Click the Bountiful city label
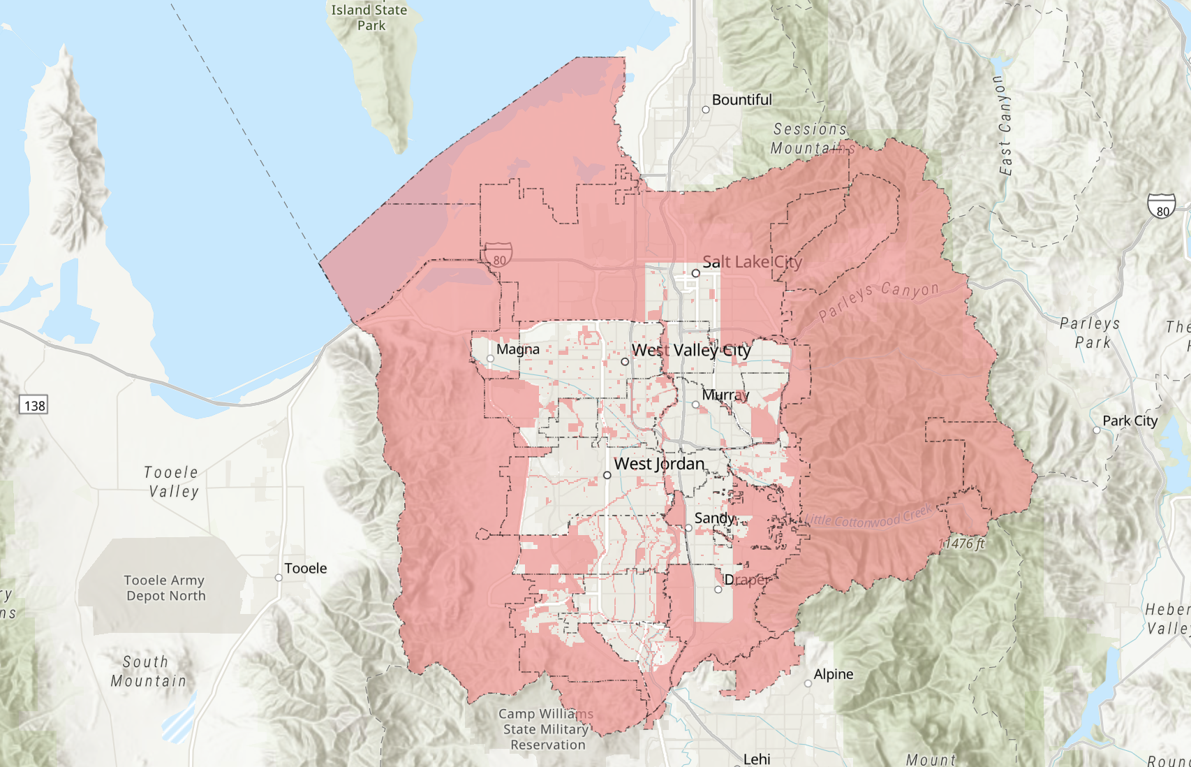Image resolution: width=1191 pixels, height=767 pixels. (x=741, y=100)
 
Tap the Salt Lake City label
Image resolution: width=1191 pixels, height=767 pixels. (x=752, y=262)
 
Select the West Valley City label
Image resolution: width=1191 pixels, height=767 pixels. (x=691, y=350)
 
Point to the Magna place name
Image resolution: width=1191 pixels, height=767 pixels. (x=518, y=349)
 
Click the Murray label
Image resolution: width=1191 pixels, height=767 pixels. (x=725, y=395)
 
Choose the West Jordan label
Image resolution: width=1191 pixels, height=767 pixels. (x=659, y=464)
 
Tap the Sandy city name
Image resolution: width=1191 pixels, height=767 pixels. (x=715, y=518)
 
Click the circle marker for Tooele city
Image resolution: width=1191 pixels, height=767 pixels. (x=279, y=578)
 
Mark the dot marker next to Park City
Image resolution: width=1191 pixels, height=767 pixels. (x=1097, y=430)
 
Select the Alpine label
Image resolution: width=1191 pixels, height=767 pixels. (x=834, y=674)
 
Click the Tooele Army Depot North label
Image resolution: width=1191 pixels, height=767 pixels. (x=165, y=588)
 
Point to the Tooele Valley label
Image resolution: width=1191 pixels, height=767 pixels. (x=172, y=482)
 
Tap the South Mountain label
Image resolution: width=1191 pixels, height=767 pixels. (x=148, y=671)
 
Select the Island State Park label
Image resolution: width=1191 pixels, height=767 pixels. (x=369, y=17)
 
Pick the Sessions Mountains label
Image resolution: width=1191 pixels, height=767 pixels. (x=811, y=138)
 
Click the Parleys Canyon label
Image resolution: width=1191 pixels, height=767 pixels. (x=878, y=301)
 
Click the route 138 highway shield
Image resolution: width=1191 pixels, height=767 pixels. (x=34, y=405)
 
